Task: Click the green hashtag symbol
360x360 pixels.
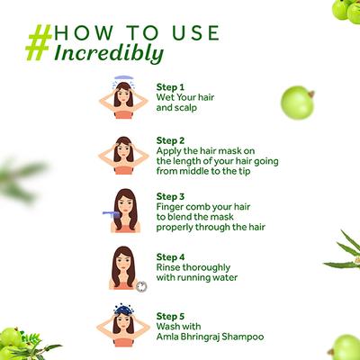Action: pyautogui.click(x=39, y=43)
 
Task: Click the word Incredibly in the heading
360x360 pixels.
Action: pyautogui.click(x=109, y=54)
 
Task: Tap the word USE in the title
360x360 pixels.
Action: pyautogui.click(x=195, y=32)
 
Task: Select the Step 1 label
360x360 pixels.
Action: pyautogui.click(x=170, y=87)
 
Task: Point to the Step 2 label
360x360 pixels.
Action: pyautogui.click(x=170, y=140)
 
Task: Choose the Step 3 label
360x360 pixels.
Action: pyautogui.click(x=170, y=197)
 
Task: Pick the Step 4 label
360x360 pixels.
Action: pyautogui.click(x=170, y=257)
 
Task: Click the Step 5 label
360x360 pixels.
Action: pyautogui.click(x=170, y=316)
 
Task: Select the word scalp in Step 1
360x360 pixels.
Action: pyautogui.click(x=185, y=108)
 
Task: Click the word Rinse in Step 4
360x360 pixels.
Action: pyautogui.click(x=168, y=267)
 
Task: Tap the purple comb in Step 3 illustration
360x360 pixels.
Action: pyautogui.click(x=110, y=215)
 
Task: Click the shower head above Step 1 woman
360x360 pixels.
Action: pyautogui.click(x=123, y=78)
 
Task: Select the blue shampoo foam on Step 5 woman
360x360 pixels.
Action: pyautogui.click(x=123, y=310)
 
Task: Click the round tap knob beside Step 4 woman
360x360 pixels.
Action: pyautogui.click(x=141, y=286)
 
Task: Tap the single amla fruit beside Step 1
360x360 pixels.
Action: pyautogui.click(x=297, y=103)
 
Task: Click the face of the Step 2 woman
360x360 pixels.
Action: pyautogui.click(x=123, y=150)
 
